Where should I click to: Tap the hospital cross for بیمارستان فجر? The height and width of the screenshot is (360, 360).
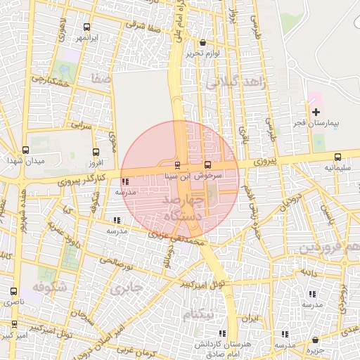(x=316, y=112)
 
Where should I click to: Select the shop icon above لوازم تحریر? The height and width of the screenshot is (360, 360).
(x=203, y=42)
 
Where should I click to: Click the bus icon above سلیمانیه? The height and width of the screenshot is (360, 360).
(x=337, y=157)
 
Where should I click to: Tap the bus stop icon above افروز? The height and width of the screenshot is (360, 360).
(x=96, y=152)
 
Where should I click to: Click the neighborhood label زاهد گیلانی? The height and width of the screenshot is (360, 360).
(x=233, y=82)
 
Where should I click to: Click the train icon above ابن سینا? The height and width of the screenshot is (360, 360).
(x=177, y=165)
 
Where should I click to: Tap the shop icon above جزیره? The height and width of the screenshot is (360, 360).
(x=315, y=340)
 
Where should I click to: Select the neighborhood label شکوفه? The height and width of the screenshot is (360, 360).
(x=49, y=287)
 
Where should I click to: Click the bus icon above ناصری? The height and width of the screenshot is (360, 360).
(x=13, y=291)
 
